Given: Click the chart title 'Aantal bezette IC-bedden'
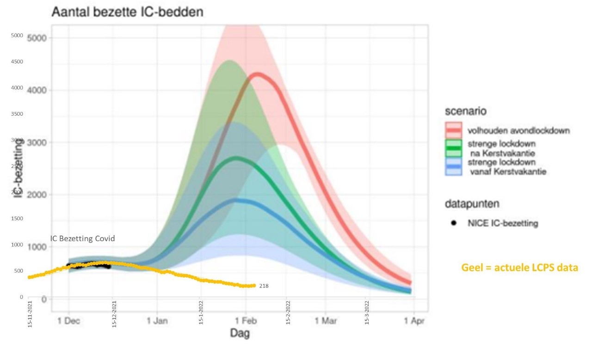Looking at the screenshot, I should point(127,12).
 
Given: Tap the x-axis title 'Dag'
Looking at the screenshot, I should point(240,333).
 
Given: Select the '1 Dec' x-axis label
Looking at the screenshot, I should point(69,320).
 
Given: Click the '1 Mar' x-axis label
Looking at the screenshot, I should point(326,320).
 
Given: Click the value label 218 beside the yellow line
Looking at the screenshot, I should point(264,286).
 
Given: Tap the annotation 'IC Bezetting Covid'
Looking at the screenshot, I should point(83,239).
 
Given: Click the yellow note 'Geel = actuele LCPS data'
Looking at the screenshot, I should point(519,267).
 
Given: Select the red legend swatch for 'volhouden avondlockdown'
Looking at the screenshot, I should point(454,130).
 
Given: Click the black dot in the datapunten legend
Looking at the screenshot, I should point(454,223).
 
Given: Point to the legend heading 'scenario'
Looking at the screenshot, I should point(465,112).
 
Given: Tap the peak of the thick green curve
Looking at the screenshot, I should point(236,158).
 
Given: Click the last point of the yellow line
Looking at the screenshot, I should point(254,286).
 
